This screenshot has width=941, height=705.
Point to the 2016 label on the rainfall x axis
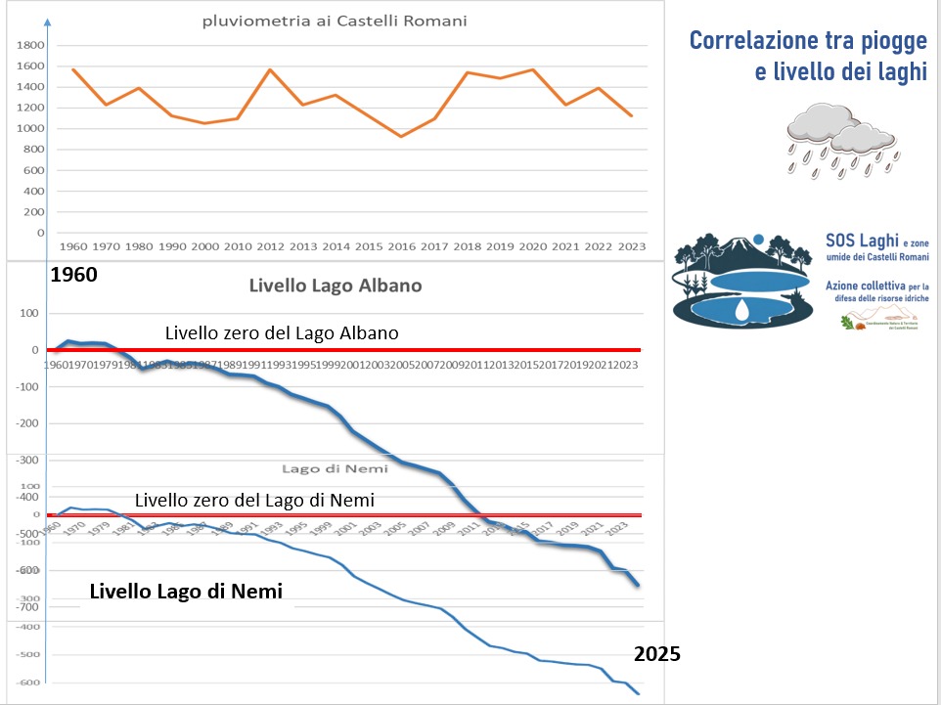click(400, 248)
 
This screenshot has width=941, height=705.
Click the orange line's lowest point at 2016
click(400, 137)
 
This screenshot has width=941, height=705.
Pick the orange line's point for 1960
click(74, 69)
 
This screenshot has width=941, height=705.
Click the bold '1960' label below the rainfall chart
click(73, 275)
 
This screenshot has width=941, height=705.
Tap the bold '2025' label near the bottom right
click(656, 654)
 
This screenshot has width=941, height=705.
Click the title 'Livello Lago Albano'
click(336, 286)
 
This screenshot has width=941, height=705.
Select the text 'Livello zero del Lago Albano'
click(282, 333)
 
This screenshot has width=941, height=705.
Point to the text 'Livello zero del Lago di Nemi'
click(254, 500)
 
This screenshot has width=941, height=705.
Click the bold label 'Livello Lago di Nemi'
click(186, 591)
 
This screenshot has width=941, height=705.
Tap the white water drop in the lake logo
click(743, 310)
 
